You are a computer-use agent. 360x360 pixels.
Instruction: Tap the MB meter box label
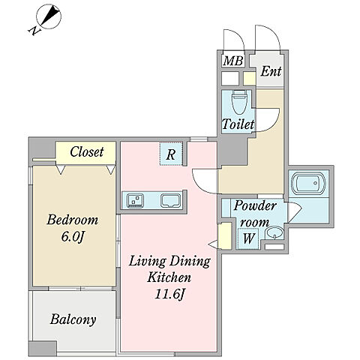[233, 61]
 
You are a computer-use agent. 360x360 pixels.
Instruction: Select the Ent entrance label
[271, 71]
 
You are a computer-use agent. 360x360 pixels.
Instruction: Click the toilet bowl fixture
[238, 102]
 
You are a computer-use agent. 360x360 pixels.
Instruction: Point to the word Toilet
[238, 124]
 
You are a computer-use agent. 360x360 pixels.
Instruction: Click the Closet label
[87, 151]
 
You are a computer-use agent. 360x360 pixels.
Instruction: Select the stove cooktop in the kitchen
[136, 200]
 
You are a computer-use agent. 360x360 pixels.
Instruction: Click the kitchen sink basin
[170, 201]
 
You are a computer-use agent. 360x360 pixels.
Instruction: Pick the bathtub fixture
[309, 184]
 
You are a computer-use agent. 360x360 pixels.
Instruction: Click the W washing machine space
[248, 238]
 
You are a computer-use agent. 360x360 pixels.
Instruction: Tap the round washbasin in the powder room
[274, 233]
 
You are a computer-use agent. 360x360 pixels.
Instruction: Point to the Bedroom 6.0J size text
[73, 228]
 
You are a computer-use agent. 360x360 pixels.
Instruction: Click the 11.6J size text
[169, 294]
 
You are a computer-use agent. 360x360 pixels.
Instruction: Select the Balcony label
[73, 319]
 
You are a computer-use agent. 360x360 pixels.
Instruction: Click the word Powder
[255, 206]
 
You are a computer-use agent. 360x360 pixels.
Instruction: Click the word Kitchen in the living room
[169, 277]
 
